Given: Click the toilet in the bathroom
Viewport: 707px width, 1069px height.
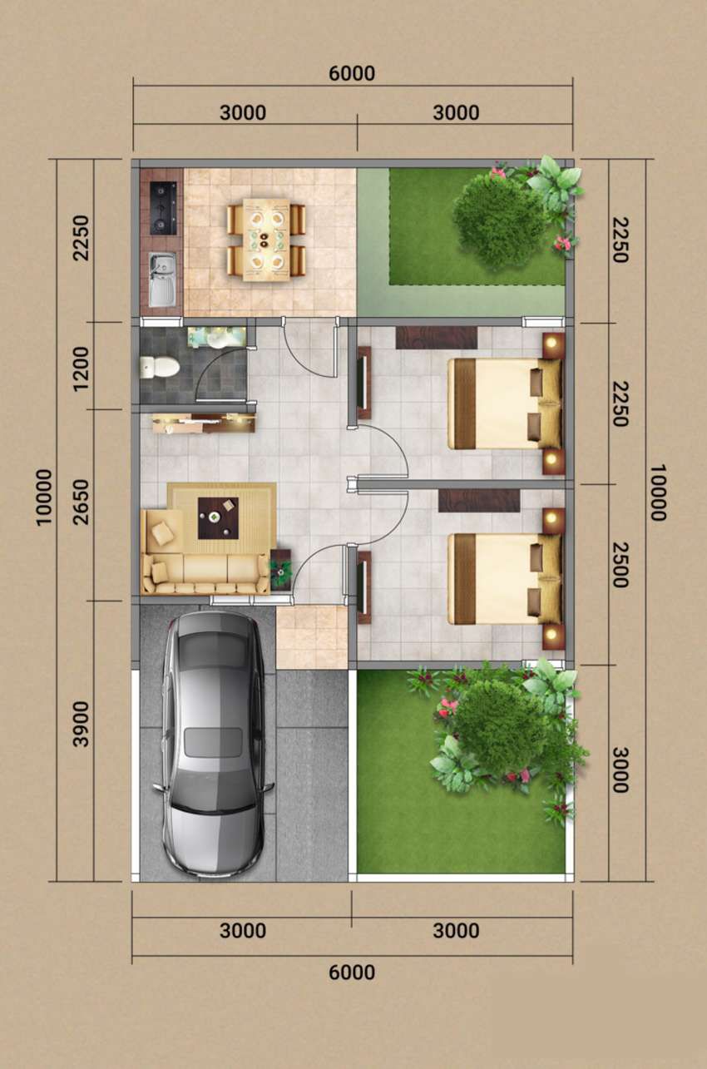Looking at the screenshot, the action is (160, 367).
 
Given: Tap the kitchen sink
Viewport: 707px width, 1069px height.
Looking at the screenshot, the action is (162, 280).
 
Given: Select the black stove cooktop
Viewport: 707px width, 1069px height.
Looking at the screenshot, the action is (163, 208).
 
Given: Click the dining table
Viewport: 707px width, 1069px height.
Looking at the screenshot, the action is (266, 240).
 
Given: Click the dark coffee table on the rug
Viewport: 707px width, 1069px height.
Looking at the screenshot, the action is (218, 518).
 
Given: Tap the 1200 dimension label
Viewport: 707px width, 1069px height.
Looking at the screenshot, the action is (82, 369).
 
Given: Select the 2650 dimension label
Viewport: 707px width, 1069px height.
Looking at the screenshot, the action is (82, 502).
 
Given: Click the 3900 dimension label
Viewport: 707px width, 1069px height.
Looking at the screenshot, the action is (82, 724).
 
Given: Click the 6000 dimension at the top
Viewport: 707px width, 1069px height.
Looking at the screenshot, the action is (352, 73).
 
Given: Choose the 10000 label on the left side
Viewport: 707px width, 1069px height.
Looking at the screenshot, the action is (44, 497).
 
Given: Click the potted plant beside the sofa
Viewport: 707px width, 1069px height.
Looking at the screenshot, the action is (281, 569).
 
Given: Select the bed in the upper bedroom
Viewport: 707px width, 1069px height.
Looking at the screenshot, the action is (505, 403).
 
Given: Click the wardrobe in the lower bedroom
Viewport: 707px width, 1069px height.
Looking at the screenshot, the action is (479, 501).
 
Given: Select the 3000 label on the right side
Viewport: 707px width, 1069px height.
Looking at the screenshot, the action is (620, 770).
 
